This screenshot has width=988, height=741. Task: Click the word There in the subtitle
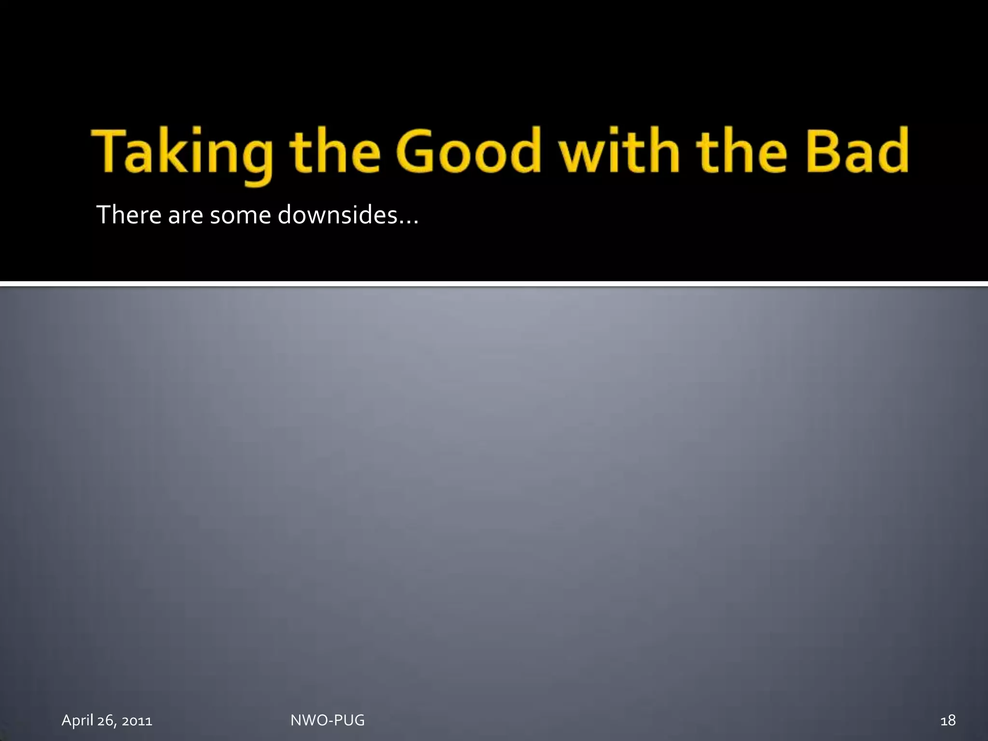[129, 215]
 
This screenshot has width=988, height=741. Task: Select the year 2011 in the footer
[137, 721]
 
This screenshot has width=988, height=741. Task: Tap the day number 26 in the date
[106, 721]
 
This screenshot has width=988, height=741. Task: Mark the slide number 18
[948, 721]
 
